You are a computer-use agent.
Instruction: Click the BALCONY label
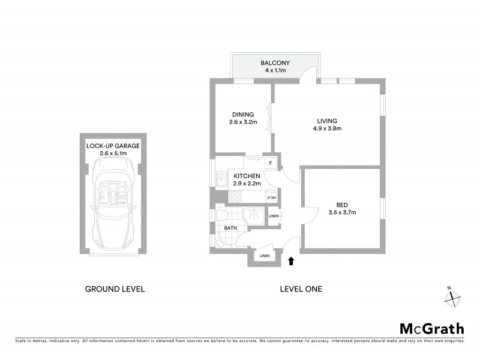point(275,63)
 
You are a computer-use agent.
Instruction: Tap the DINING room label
point(243,115)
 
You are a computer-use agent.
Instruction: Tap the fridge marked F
point(271,163)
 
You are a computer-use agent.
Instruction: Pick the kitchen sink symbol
point(220,178)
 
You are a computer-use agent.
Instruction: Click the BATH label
point(231,228)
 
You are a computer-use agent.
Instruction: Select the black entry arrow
point(292,261)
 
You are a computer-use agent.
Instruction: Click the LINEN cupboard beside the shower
point(274,216)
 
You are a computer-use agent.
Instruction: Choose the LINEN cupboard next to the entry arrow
point(264,256)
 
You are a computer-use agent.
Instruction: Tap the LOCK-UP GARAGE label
point(113,146)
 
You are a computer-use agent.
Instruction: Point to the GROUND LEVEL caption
point(115,289)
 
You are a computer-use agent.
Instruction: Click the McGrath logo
point(432,328)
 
